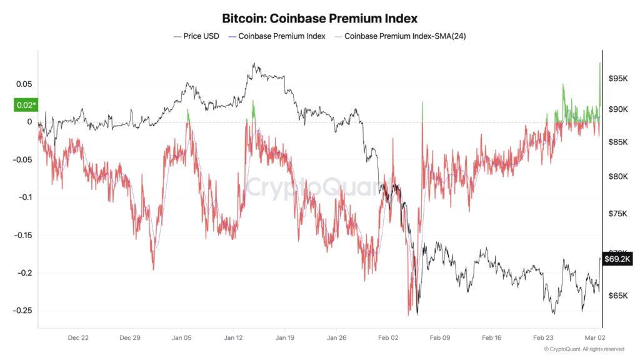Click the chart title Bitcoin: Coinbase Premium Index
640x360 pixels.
coord(319,19)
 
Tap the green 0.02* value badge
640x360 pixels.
coord(25,105)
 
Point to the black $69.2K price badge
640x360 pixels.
coord(617,258)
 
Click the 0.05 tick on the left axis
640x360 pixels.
coord(24,84)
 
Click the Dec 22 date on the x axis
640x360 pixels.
coord(78,337)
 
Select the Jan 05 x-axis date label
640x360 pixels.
coord(181,337)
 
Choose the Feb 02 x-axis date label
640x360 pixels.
coord(388,337)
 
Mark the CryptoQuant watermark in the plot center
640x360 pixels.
coord(319,186)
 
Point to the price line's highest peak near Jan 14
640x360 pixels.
coord(254,64)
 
